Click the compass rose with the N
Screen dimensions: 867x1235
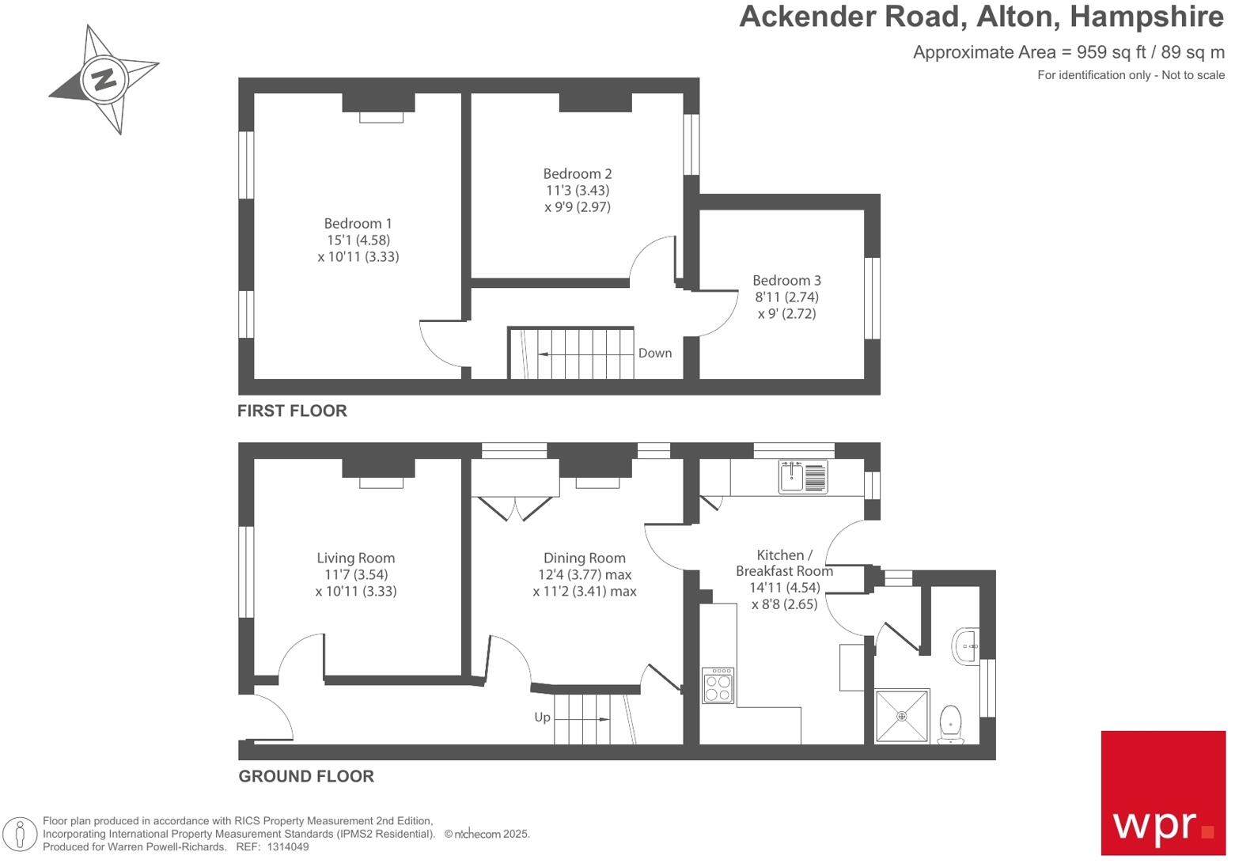click(x=104, y=79)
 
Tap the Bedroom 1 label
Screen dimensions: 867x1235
click(x=358, y=224)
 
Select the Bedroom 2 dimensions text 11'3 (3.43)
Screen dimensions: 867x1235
click(x=578, y=191)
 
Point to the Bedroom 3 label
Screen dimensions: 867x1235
click(x=786, y=281)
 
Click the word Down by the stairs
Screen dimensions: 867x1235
click(x=655, y=354)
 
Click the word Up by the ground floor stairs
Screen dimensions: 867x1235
click(x=542, y=717)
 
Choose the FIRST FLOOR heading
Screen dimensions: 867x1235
click(x=292, y=411)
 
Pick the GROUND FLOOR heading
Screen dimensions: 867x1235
click(x=306, y=776)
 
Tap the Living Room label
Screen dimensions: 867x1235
click(x=355, y=558)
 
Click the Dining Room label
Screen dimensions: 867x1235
click(x=584, y=558)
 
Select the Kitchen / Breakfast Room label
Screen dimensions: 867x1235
click(x=784, y=563)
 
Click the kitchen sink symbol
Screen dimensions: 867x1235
click(x=803, y=477)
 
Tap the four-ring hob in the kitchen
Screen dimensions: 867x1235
click(x=718, y=686)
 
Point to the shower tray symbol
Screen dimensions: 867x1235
click(x=902, y=717)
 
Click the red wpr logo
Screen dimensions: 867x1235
click(x=1163, y=793)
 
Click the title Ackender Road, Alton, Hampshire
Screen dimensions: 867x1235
click(x=981, y=17)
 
